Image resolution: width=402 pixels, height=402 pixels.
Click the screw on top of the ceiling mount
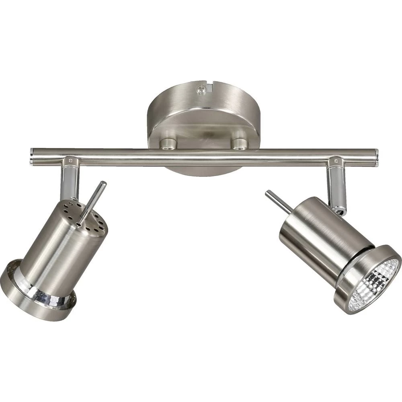(x=200, y=91)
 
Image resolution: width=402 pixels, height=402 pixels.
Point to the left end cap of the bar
(x=32, y=157)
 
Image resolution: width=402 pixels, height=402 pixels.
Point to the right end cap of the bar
(x=376, y=158)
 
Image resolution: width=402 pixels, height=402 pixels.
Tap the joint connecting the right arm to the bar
(x=334, y=162)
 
